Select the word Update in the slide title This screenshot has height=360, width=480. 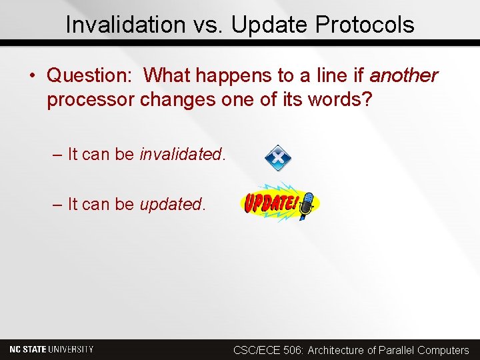[269, 25]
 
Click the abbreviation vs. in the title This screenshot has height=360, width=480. [199, 25]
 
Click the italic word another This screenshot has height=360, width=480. [403, 76]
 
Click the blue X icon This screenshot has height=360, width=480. [278, 158]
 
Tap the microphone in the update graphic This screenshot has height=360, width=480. [307, 207]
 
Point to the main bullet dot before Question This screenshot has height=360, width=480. [33, 76]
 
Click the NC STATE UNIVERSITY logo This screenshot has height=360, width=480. [51, 349]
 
